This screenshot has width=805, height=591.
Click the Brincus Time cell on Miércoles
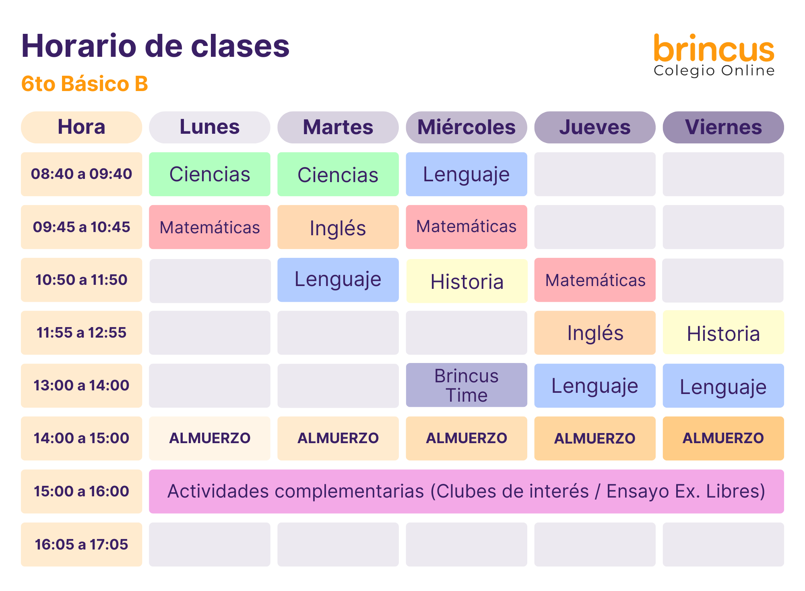pyautogui.click(x=466, y=385)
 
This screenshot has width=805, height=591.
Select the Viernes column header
pyautogui.click(x=723, y=127)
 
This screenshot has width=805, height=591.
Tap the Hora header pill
pyautogui.click(x=81, y=127)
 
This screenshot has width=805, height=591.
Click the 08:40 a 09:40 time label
pyautogui.click(x=81, y=174)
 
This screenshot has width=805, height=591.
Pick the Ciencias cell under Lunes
pyautogui.click(x=210, y=174)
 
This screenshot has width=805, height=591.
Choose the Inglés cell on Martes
pyautogui.click(x=338, y=227)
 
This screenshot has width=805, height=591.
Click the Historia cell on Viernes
pyautogui.click(x=723, y=333)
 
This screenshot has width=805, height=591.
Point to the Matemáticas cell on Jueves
pyautogui.click(x=595, y=280)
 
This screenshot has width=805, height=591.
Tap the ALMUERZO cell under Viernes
pyautogui.click(x=723, y=438)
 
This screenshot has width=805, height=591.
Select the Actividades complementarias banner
pyautogui.click(x=466, y=491)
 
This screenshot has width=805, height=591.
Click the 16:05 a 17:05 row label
pyautogui.click(x=81, y=545)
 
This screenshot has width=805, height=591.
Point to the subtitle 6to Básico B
pyautogui.click(x=85, y=84)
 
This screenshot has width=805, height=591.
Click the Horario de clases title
pyautogui.click(x=155, y=46)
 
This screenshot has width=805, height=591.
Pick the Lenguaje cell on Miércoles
pyautogui.click(x=466, y=174)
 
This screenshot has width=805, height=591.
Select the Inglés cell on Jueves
pyautogui.click(x=595, y=333)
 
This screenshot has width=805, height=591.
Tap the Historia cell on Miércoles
pyautogui.click(x=467, y=281)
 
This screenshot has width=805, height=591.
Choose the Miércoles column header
pyautogui.click(x=466, y=127)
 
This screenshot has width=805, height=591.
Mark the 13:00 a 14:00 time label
pyautogui.click(x=81, y=386)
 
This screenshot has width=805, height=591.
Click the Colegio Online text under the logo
pyautogui.click(x=714, y=71)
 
